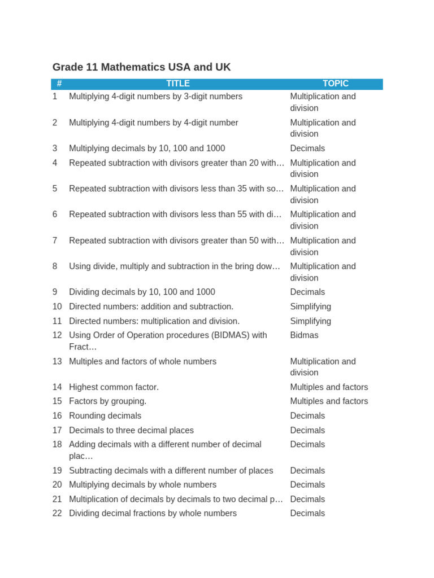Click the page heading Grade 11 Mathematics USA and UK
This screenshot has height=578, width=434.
click(x=141, y=67)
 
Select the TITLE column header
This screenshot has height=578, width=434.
click(x=178, y=84)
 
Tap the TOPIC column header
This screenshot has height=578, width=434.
click(x=336, y=84)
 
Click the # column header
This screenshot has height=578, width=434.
click(x=59, y=84)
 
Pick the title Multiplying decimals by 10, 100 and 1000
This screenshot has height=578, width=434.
click(x=147, y=148)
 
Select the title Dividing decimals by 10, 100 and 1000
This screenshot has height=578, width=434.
click(x=142, y=292)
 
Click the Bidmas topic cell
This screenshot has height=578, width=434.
click(x=304, y=335)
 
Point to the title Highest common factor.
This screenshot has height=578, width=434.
click(x=114, y=387)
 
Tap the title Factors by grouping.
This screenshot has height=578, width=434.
click(x=107, y=401)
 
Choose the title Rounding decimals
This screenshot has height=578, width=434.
click(x=105, y=416)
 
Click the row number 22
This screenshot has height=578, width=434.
click(x=57, y=513)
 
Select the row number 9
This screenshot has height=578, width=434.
click(x=55, y=292)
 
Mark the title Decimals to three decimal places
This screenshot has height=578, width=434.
click(x=131, y=430)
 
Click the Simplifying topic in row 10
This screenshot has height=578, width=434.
click(x=311, y=306)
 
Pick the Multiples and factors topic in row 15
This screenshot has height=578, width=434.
click(x=329, y=401)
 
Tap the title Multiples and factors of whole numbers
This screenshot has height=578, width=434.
click(x=142, y=361)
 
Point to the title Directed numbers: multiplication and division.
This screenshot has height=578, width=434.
click(x=154, y=321)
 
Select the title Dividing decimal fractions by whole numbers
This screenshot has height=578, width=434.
click(x=153, y=513)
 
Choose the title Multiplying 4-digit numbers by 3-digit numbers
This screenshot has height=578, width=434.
click(x=155, y=97)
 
